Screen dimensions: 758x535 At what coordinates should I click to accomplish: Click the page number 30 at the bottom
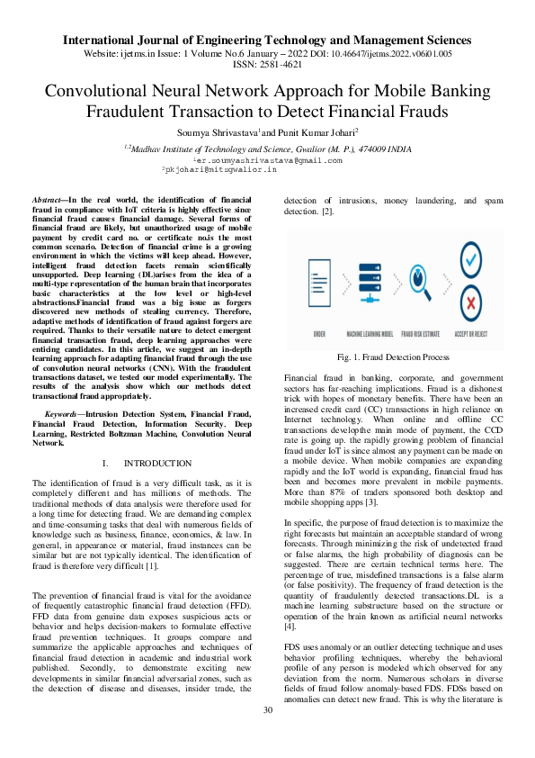[x=267, y=735]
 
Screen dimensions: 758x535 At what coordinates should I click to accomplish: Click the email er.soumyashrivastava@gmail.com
[x=268, y=159]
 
